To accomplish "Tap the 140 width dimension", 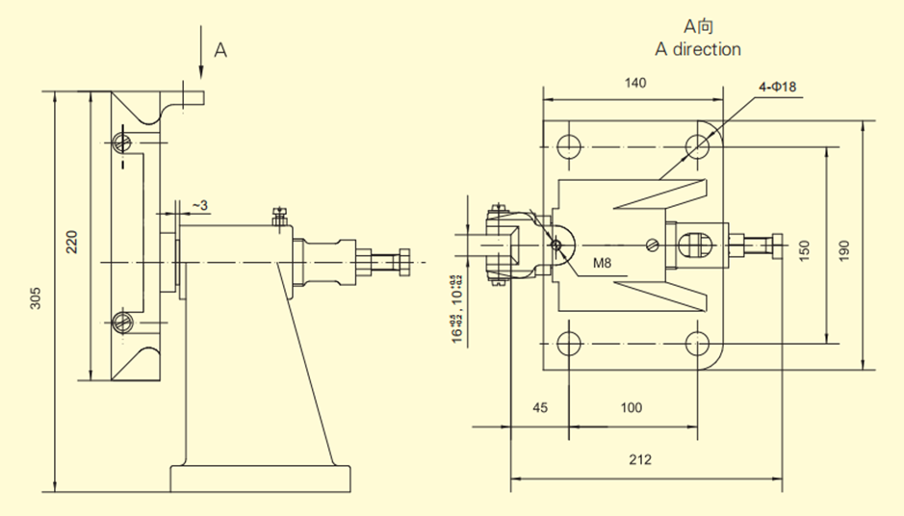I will pyautogui.click(x=634, y=83).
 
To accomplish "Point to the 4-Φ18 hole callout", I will pyautogui.click(x=777, y=88).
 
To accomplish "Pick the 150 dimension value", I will pyautogui.click(x=806, y=248).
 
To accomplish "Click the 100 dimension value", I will pyautogui.click(x=631, y=407).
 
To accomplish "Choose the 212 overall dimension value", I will pyautogui.click(x=639, y=459).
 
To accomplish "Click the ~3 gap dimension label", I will pyautogui.click(x=199, y=205).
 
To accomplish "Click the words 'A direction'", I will pyautogui.click(x=698, y=49).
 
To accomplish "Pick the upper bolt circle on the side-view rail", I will pyautogui.click(x=121, y=142).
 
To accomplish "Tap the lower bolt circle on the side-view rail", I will pyautogui.click(x=121, y=322).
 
